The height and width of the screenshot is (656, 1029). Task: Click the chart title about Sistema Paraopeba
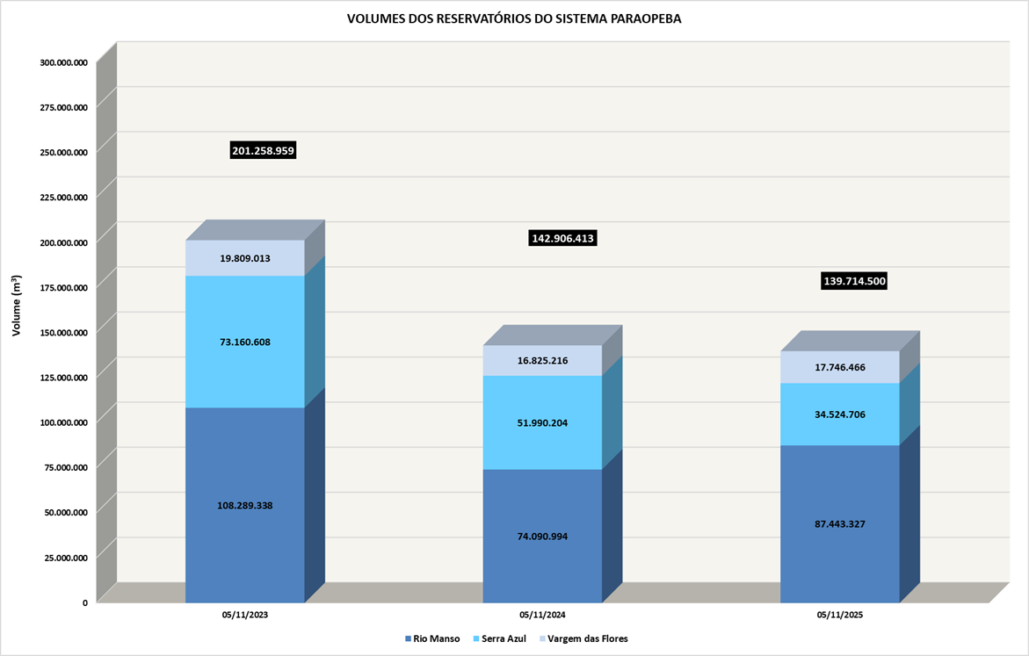coord(514,18)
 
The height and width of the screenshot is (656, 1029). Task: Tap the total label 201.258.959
coord(263,151)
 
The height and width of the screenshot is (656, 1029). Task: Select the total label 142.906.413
coord(563,238)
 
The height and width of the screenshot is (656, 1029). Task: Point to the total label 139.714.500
coord(854,281)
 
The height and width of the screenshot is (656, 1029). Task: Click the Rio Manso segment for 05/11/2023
coord(245,505)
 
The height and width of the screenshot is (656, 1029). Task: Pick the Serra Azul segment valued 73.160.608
coord(245,342)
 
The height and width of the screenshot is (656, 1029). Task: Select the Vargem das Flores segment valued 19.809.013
coord(245,258)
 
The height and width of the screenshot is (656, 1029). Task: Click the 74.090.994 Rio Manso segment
coord(542,536)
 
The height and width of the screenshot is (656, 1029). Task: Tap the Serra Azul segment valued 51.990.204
coord(542,422)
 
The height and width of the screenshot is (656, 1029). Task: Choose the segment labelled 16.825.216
coord(542,360)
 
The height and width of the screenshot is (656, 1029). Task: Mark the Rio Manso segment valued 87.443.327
coord(840,523)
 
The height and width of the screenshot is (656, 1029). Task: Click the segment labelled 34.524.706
coord(840,414)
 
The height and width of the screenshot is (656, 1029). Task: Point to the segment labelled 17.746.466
coord(840,367)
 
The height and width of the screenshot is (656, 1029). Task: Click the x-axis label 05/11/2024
coord(542,616)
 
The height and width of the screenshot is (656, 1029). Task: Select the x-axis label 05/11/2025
coord(840,616)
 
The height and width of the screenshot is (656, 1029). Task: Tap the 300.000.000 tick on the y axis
coord(63,62)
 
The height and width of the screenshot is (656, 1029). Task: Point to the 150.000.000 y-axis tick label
coord(63,332)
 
